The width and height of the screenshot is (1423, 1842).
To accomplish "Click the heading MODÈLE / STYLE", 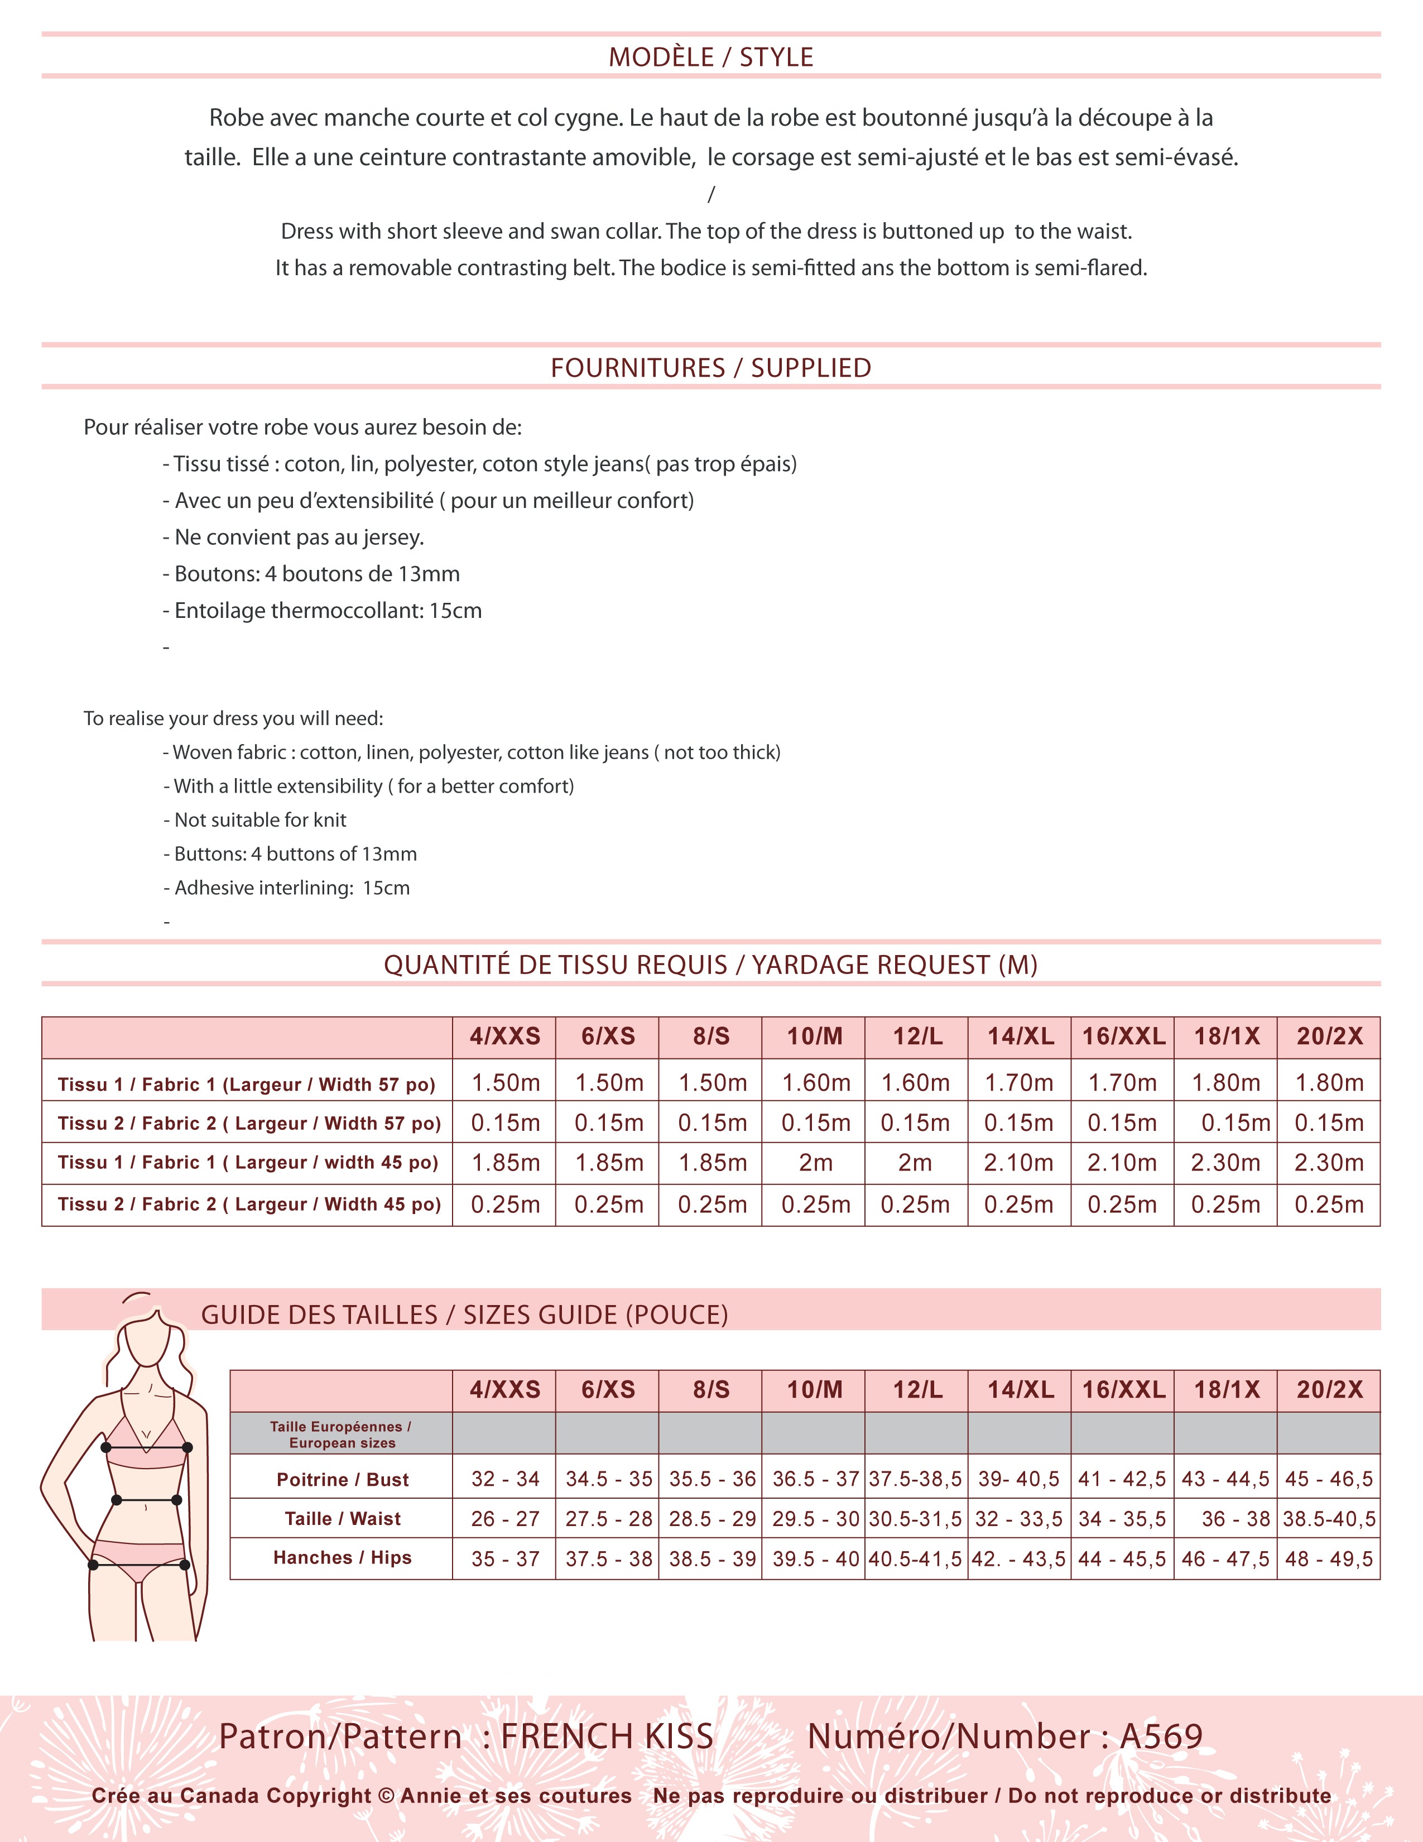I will (710, 57).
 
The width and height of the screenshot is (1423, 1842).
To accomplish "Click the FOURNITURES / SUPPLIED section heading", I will (710, 368).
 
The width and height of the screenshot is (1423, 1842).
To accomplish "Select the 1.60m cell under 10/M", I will (815, 1083).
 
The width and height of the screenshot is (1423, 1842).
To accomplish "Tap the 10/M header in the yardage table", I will (814, 1037).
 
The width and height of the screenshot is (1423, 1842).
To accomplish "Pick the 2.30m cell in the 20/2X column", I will (1329, 1163).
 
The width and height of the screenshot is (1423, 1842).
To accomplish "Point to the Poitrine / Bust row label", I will (342, 1479).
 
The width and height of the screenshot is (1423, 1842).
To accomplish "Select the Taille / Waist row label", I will (342, 1519).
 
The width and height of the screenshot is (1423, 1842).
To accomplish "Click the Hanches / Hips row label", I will (342, 1558).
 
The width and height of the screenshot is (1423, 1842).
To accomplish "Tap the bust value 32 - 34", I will (505, 1479).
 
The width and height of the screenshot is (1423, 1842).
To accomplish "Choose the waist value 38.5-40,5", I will (1329, 1519).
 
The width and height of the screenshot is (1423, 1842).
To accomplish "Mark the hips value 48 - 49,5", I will (1329, 1558).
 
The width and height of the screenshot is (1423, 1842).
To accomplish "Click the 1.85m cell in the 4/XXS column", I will (505, 1163).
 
